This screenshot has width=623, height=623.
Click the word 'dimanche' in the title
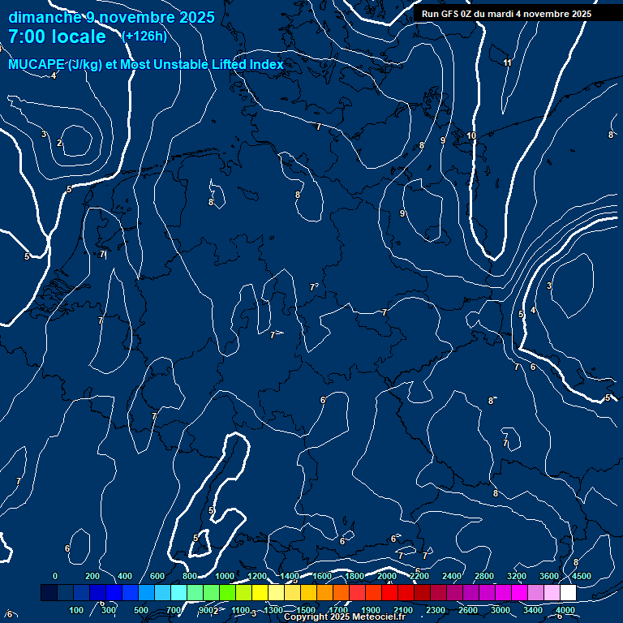[45, 17]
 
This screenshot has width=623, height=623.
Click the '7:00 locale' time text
[57, 37]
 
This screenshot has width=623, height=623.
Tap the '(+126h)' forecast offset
[144, 37]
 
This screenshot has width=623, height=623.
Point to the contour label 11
[507, 62]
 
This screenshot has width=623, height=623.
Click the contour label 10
[471, 135]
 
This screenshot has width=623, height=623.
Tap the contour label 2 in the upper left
[59, 143]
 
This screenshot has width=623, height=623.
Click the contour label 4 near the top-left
[54, 75]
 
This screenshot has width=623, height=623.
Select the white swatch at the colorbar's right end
[568, 593]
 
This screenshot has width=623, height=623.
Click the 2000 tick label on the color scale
[388, 576]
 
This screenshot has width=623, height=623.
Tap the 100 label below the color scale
[77, 610]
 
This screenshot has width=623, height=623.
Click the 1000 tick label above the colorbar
[225, 576]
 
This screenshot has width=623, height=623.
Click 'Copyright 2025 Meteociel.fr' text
[344, 617]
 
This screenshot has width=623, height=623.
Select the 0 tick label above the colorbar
[55, 576]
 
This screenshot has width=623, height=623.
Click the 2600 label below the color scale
[469, 610]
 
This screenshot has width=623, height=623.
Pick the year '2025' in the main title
[197, 17]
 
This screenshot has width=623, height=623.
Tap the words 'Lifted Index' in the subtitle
[250, 65]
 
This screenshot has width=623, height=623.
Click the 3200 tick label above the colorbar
[518, 576]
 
